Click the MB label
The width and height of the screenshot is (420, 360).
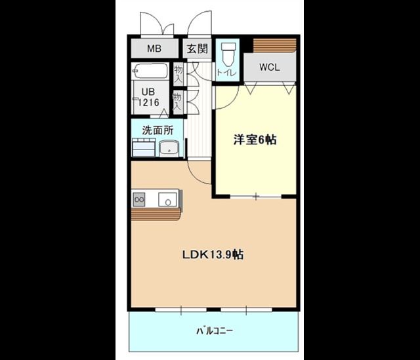click(154, 49)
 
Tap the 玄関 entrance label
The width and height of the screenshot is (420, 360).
click(196, 49)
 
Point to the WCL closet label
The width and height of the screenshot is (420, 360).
click(269, 67)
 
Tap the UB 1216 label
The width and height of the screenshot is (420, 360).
click(147, 98)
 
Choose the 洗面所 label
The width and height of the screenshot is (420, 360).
click(157, 130)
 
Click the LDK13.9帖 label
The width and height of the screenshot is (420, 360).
click(213, 254)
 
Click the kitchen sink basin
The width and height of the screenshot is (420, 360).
click(167, 199)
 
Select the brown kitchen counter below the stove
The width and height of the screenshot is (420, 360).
click(155, 214)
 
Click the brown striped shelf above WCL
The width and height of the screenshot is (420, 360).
click(274, 45)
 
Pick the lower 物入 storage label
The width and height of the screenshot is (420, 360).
click(177, 102)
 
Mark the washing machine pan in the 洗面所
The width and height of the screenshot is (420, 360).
click(143, 149)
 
